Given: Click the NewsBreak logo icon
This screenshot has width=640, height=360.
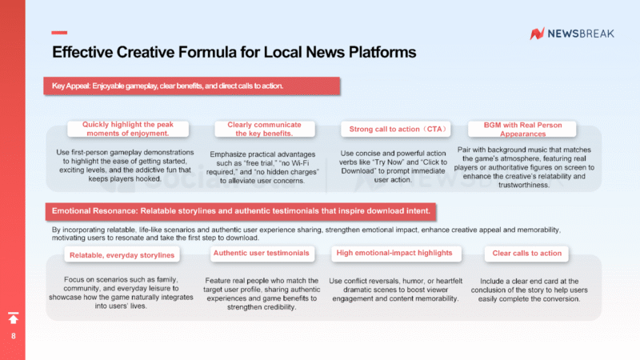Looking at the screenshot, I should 538,34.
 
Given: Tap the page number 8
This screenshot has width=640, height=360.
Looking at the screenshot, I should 13,336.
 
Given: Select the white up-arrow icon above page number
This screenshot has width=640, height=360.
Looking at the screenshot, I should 13,318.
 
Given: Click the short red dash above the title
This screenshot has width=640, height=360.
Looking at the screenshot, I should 59,33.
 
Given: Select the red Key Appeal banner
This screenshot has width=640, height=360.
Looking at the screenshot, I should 192,85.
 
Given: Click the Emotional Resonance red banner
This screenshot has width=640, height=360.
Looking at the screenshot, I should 240,211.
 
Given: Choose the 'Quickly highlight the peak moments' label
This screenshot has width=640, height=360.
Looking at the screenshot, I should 128,129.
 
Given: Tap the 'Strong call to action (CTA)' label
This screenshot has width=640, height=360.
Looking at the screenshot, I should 396,129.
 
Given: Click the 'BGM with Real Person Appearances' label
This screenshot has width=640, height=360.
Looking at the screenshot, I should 522,129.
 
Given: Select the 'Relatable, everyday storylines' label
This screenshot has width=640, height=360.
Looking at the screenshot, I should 122,255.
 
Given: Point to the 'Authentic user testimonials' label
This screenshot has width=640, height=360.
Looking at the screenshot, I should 261,254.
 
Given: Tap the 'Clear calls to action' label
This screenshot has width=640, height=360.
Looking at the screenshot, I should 528,253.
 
